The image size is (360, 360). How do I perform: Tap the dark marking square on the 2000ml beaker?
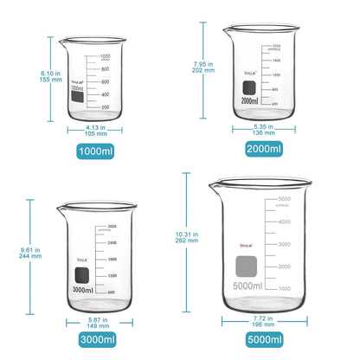tap(249, 87)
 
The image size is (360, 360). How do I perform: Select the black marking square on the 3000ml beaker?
tap(81, 276)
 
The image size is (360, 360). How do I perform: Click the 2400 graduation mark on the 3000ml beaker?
tap(111, 243)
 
